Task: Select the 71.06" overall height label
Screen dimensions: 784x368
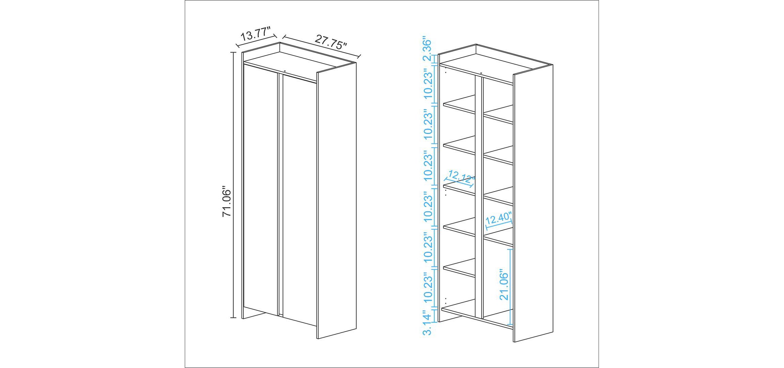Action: click(x=227, y=201)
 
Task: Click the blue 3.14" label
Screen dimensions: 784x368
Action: click(x=427, y=322)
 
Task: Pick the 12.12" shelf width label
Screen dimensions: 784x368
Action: click(x=461, y=176)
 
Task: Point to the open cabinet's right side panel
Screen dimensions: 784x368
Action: click(x=533, y=203)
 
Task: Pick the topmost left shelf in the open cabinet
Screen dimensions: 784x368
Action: click(x=459, y=104)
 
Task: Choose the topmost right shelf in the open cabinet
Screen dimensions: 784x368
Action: click(x=498, y=114)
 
